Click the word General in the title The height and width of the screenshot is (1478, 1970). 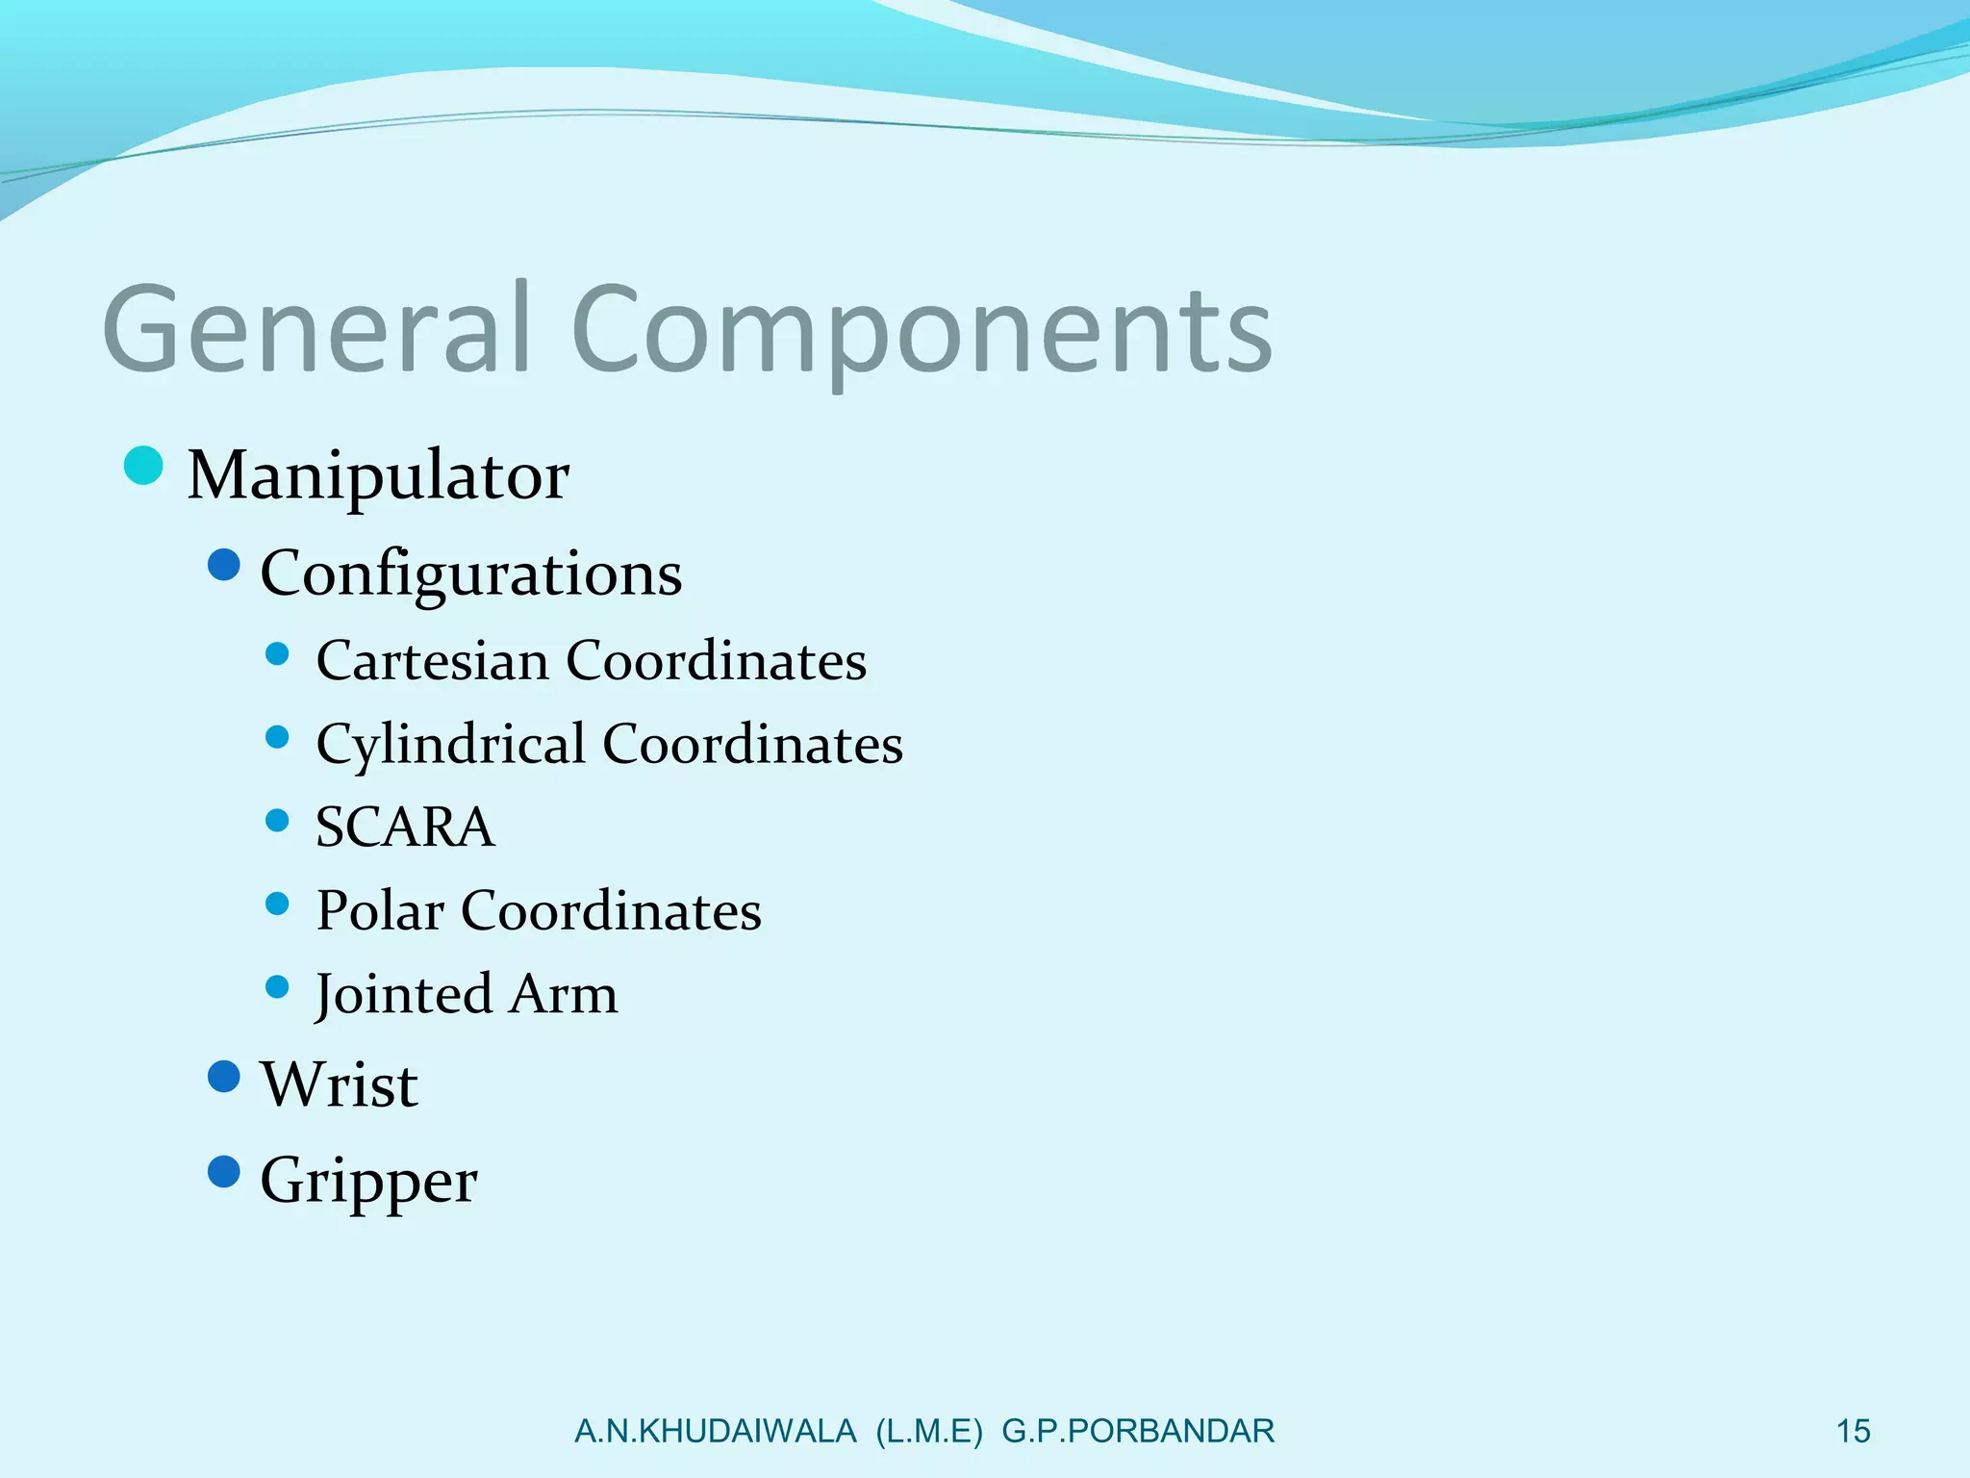pyautogui.click(x=317, y=329)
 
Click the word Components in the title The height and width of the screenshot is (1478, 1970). pyautogui.click(x=922, y=332)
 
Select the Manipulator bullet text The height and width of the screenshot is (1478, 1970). pyautogui.click(x=378, y=475)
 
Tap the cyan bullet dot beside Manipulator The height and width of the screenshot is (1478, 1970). pyautogui.click(x=144, y=467)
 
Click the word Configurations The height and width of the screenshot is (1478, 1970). pyautogui.click(x=471, y=574)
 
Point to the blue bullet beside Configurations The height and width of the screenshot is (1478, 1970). pyautogui.click(x=224, y=565)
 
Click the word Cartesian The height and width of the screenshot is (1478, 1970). pyautogui.click(x=432, y=661)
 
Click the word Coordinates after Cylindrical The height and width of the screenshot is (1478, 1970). pyautogui.click(x=752, y=745)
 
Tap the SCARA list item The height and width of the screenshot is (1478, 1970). pyautogui.click(x=405, y=828)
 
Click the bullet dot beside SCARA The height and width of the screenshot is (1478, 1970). pyautogui.click(x=277, y=821)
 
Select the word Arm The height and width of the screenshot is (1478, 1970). pyautogui.click(x=564, y=995)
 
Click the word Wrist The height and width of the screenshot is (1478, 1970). pyautogui.click(x=340, y=1084)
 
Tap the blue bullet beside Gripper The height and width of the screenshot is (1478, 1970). pyautogui.click(x=224, y=1172)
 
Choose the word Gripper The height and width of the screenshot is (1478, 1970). pyautogui.click(x=368, y=1182)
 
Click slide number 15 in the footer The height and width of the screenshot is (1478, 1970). pyautogui.click(x=1853, y=1431)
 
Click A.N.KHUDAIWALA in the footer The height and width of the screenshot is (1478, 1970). pyautogui.click(x=715, y=1431)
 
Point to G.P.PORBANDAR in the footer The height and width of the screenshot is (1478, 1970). pyautogui.click(x=1138, y=1431)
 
